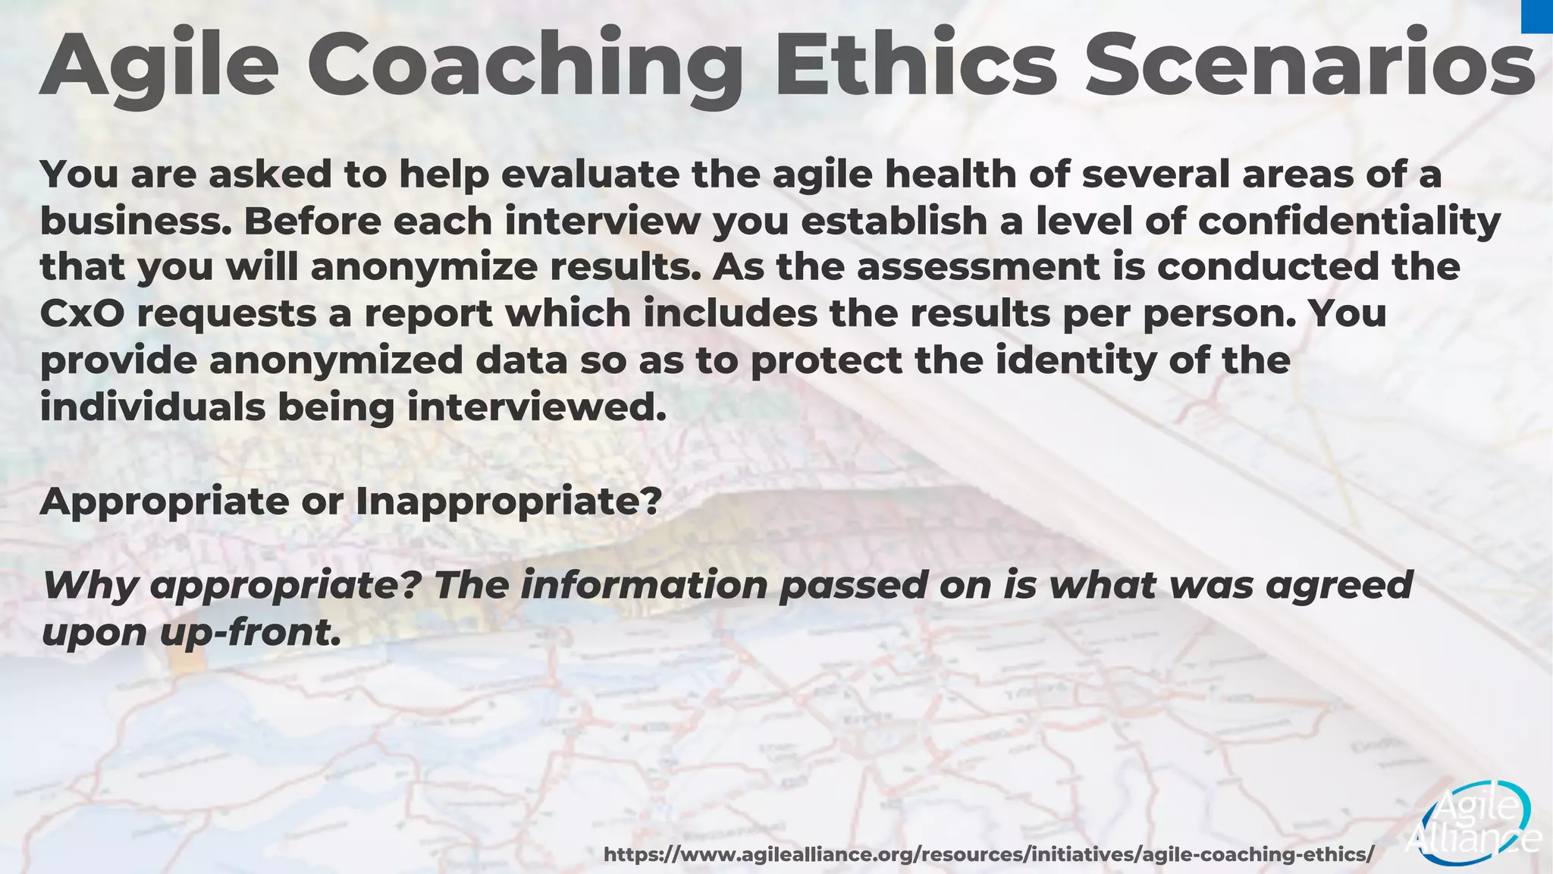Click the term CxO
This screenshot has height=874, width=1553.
click(82, 314)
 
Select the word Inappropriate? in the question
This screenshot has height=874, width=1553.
click(509, 501)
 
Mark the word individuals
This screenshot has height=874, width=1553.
click(152, 407)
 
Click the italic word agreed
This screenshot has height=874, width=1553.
click(1339, 586)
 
